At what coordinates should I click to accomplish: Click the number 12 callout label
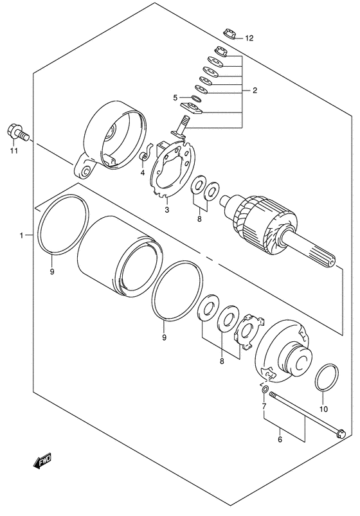[x=249, y=39]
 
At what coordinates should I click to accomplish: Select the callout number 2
[x=255, y=90]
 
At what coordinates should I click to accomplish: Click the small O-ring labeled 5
[x=196, y=98]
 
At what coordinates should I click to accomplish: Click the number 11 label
[x=14, y=151]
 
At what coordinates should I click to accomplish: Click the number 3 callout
[x=167, y=209]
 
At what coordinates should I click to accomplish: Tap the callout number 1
[x=21, y=235]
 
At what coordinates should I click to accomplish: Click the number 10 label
[x=324, y=409]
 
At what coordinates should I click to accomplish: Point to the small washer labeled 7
[x=265, y=389]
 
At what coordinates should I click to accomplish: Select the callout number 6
[x=280, y=440]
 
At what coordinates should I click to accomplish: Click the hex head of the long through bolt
[x=341, y=434]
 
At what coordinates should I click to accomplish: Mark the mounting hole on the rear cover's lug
[x=86, y=171]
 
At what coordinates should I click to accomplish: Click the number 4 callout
[x=143, y=173]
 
